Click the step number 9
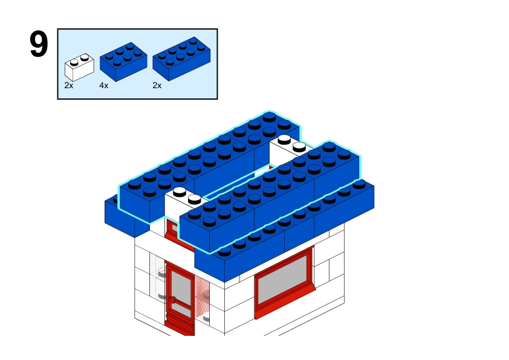tap(39, 45)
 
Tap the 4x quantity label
tap(104, 86)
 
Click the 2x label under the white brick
tap(69, 86)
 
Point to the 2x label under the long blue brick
tap(157, 86)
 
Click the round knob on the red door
tap(172, 300)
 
